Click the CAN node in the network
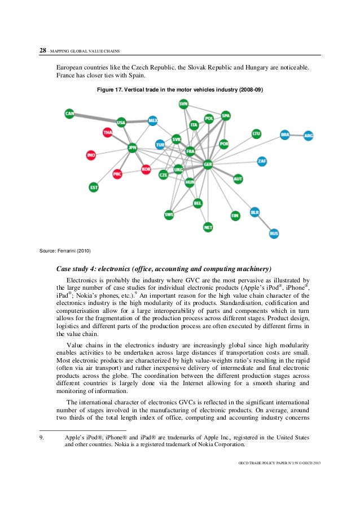pos(69,114)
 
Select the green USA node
pos(121,122)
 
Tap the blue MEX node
pos(152,121)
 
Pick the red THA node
pos(108,133)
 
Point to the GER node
pos(208,164)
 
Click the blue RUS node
pos(274,233)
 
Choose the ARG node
pos(308,136)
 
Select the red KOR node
pos(146,169)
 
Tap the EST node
pos(94,187)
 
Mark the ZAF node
pos(262,162)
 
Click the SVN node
pos(183,104)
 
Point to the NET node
pos(208,227)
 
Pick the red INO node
pos(91,155)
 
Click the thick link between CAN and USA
pos(95,118)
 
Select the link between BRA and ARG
pos(297,136)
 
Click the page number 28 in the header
pos(42,50)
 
